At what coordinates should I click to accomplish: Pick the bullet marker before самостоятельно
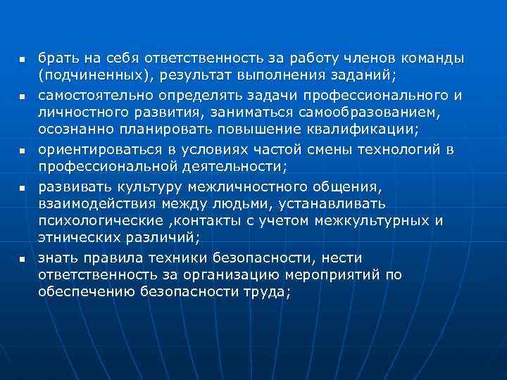click(22, 95)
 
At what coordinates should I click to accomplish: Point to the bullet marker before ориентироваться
click(22, 151)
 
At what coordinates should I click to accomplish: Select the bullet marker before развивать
click(22, 187)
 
